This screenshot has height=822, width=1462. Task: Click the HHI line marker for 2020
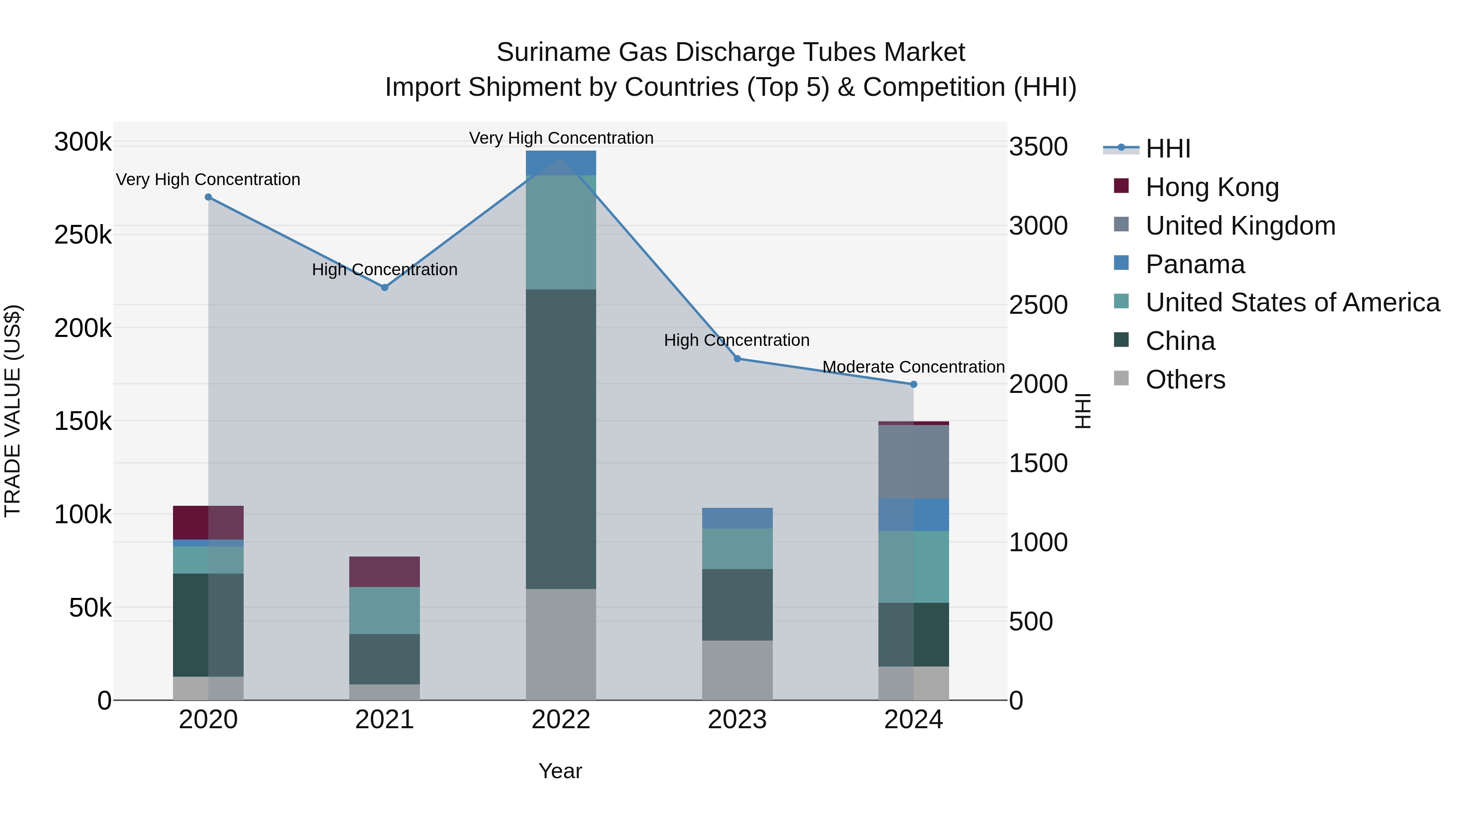click(x=208, y=197)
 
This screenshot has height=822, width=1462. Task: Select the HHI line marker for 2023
click(x=737, y=358)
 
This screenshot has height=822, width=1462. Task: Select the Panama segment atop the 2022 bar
click(x=561, y=163)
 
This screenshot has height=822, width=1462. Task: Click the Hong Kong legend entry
click(x=1212, y=187)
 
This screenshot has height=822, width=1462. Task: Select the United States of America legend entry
click(x=1292, y=302)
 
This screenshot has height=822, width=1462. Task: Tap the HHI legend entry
click(x=1168, y=149)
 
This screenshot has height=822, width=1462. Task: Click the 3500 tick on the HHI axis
click(x=1038, y=147)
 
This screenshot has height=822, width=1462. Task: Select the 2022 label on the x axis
click(x=561, y=720)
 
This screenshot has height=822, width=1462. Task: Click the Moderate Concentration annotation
click(x=913, y=367)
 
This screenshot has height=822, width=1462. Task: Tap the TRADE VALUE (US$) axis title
click(x=13, y=411)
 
